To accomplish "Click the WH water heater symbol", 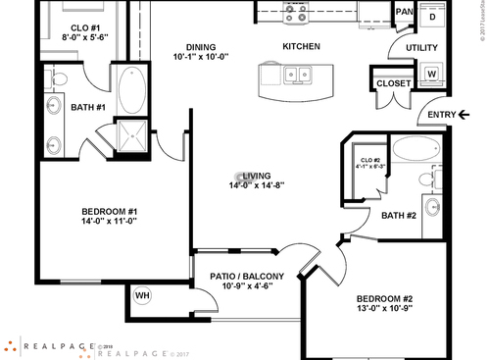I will pos(142,294).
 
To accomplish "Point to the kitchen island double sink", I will pos(295,75).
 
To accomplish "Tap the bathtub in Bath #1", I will pos(130,90).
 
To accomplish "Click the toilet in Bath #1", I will pos(59,78).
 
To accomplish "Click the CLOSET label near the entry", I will pos(393,83).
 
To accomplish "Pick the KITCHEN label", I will pos(302,46).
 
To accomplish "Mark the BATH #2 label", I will pos(399,216).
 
